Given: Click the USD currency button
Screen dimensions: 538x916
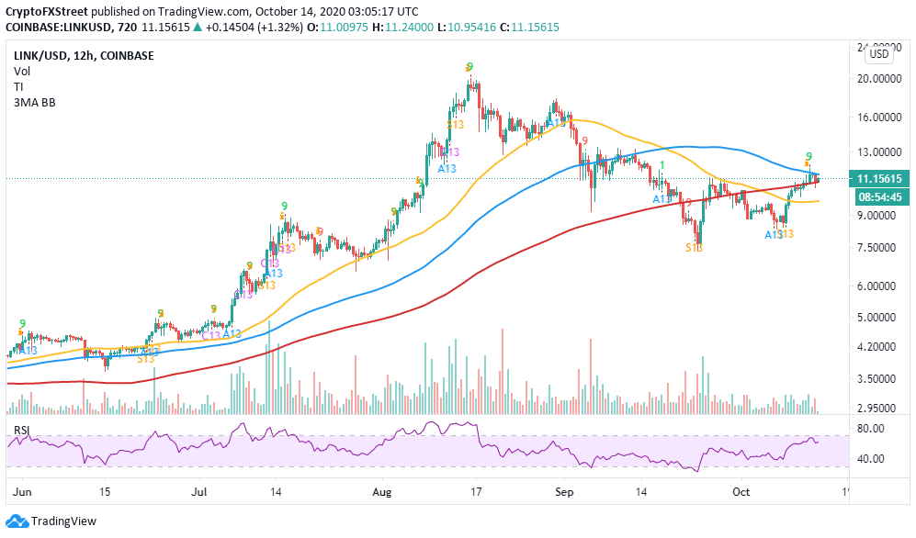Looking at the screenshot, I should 879,54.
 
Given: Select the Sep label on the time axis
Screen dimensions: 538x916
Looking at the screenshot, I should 564,492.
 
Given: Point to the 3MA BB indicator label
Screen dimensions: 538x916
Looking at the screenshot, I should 35,102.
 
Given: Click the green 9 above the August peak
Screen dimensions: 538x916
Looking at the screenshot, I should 469,67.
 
